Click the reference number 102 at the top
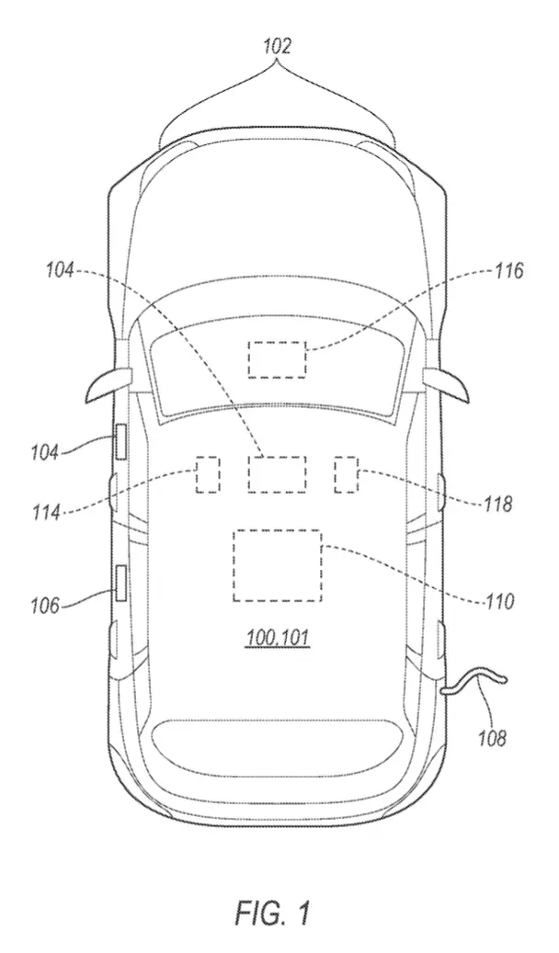coord(278,46)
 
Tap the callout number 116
coord(508,270)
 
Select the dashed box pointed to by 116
coord(277,359)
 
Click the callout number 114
coord(46,512)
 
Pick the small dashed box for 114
coord(208,474)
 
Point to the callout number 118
coord(498,504)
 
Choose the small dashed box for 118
coord(347,474)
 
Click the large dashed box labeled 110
coord(278,565)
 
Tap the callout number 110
coord(500,601)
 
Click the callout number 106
coord(46,606)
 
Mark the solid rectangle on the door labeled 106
coord(121,583)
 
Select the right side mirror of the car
coord(447,383)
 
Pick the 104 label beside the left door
coord(46,451)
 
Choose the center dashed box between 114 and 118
coord(277,474)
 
